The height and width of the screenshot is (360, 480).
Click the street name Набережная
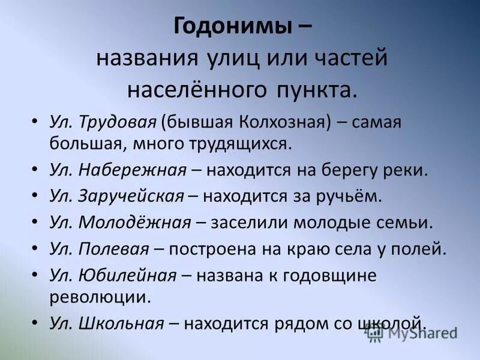(132, 170)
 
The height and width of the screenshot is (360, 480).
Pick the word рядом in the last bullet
(316, 323)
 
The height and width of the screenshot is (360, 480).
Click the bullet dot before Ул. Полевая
(35, 248)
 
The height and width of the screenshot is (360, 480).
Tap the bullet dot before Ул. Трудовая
(35, 122)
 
